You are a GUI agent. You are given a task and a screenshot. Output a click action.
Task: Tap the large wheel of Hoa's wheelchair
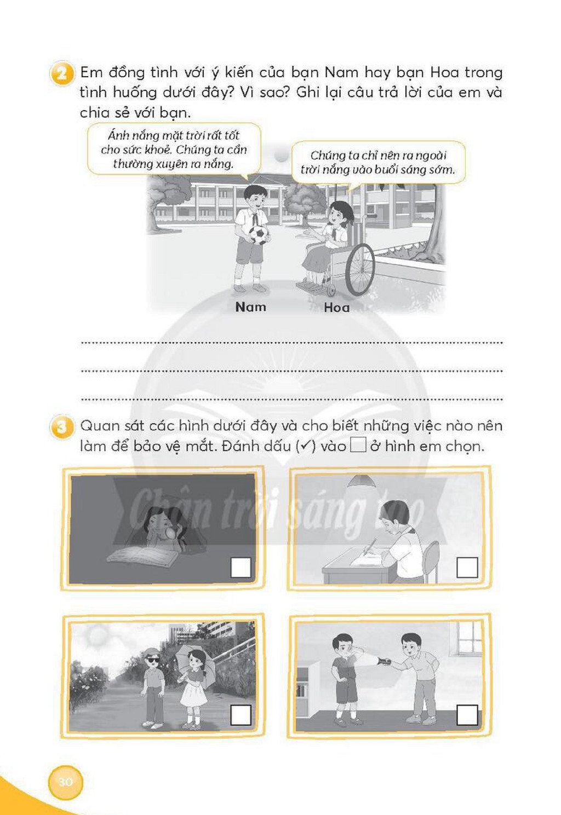[x=360, y=270]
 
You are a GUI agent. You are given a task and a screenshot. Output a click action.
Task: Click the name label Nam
[x=250, y=307]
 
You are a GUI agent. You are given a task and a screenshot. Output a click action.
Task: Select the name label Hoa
[x=336, y=308]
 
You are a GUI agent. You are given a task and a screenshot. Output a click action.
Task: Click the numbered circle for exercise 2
[x=62, y=73]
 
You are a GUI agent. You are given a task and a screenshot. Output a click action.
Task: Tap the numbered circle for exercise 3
[x=62, y=427]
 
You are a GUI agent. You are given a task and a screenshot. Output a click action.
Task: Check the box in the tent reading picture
[x=241, y=567]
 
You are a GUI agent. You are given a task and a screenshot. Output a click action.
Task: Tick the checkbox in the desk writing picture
[x=467, y=567]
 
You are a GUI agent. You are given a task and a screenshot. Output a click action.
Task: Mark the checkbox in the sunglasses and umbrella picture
[x=241, y=715]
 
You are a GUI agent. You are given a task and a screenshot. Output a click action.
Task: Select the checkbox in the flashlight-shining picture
[x=467, y=715]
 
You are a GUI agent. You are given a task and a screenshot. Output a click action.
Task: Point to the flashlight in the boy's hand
[x=383, y=660]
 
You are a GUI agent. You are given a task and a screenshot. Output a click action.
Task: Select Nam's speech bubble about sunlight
[x=174, y=149]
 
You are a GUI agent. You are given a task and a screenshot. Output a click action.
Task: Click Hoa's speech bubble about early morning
[x=378, y=163]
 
